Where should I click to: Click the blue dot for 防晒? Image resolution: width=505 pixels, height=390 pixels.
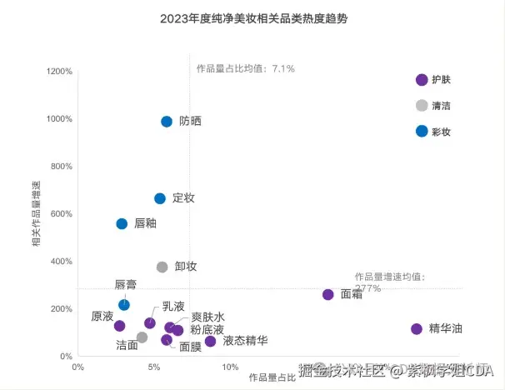pos(167,122)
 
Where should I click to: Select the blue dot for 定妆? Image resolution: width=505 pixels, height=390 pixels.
pos(160,198)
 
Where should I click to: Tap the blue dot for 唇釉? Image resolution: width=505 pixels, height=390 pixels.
pos(122,223)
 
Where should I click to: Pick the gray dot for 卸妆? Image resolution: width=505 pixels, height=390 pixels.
pos(162,267)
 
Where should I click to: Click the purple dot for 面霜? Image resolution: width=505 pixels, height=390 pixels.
pos(327,294)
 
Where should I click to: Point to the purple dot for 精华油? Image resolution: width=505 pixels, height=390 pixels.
pos(417,328)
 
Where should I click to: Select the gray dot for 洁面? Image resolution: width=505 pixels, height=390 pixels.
pos(142,337)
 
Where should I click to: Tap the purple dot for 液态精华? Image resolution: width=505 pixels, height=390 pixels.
pos(210,341)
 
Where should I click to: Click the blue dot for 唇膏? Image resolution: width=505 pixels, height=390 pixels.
pos(124,305)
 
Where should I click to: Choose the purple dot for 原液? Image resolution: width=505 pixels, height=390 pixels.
pos(119,326)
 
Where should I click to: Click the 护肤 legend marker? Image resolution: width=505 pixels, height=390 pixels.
pos(422,80)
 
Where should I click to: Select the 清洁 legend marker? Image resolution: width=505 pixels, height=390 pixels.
pos(422,105)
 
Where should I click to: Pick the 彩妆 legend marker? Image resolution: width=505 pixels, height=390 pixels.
pos(422,131)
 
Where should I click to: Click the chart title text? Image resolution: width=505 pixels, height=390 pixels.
pos(252,18)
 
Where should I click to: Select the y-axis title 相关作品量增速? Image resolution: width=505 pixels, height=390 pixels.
pos(36,213)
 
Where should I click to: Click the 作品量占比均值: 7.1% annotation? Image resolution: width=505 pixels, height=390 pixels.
pos(245,68)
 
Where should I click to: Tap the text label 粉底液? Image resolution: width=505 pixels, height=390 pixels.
pos(207,330)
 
